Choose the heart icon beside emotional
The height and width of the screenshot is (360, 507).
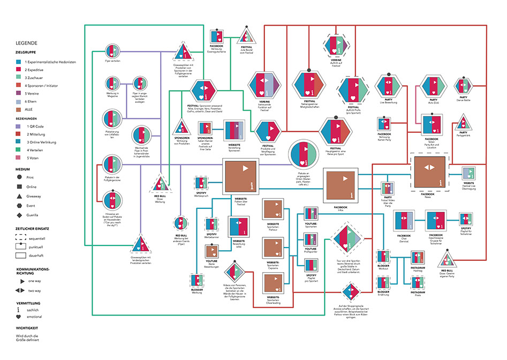click(x=20, y=317)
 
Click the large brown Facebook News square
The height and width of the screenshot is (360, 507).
click(x=428, y=172)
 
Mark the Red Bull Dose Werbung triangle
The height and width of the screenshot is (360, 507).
click(x=161, y=184)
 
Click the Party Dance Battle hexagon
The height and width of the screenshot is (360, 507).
click(x=464, y=85)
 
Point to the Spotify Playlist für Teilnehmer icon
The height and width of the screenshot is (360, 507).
click(x=464, y=220)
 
